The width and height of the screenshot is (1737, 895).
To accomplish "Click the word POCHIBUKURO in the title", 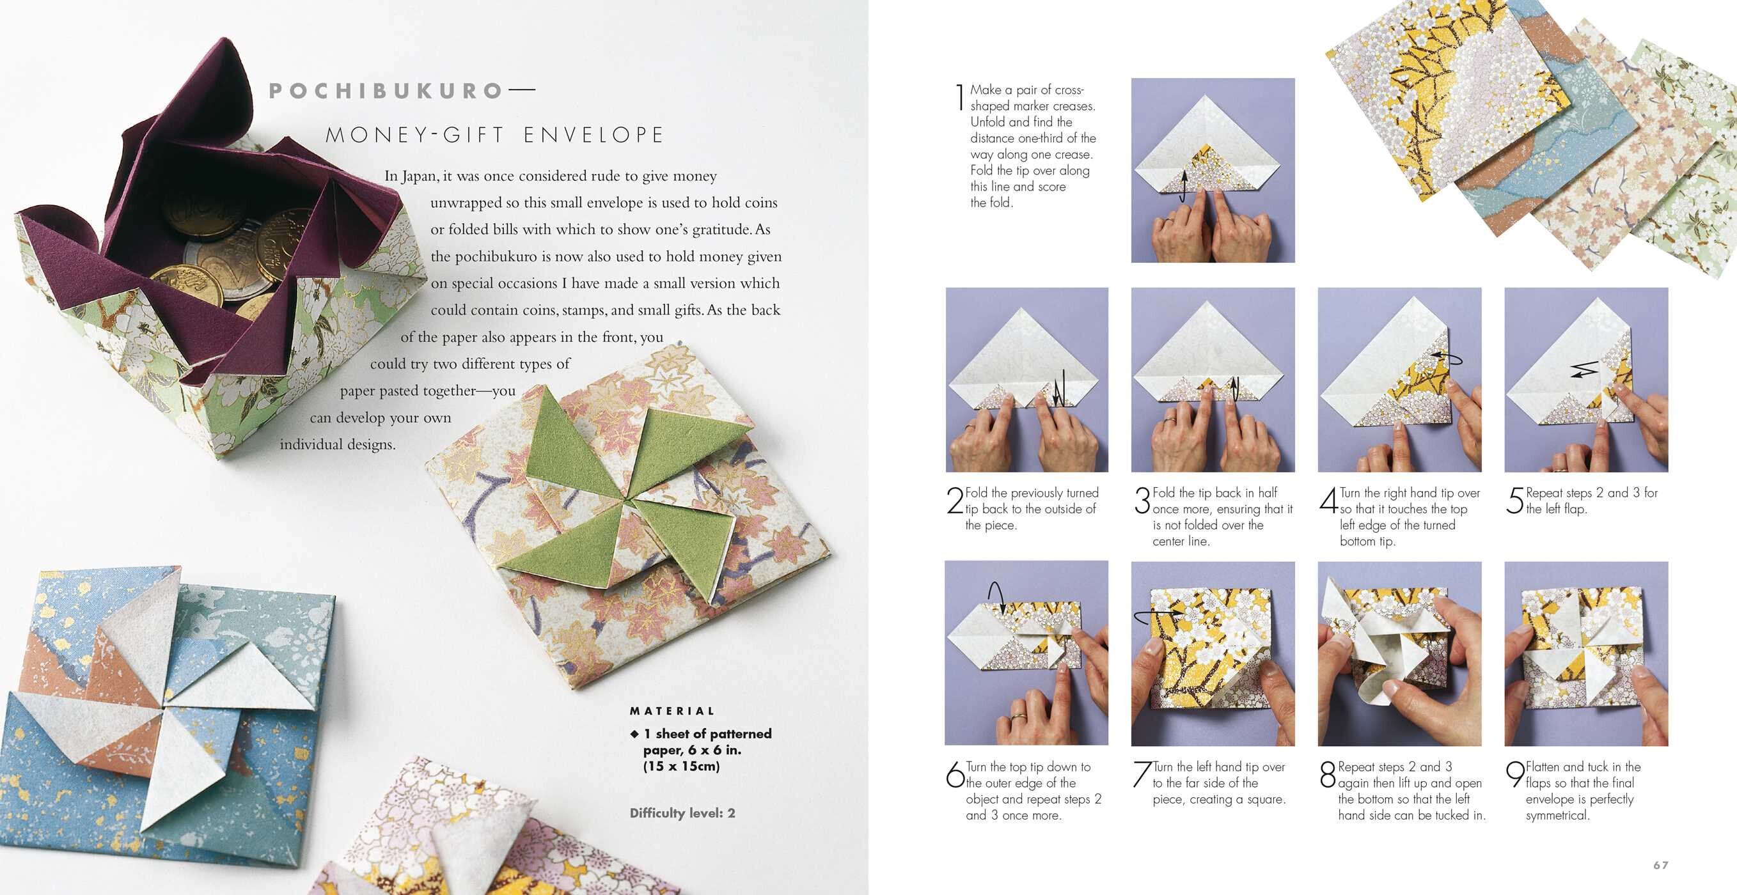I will [x=385, y=91].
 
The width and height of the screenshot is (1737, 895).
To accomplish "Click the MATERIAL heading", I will [x=672, y=711].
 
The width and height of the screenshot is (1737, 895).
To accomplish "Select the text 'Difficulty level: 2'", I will [x=682, y=813].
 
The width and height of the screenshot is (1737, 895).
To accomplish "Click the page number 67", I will [x=1661, y=866].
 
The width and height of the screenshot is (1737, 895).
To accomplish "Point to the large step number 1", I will [x=960, y=97].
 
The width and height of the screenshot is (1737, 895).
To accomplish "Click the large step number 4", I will [x=1328, y=501].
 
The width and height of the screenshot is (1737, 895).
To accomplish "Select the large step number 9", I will [x=1515, y=774].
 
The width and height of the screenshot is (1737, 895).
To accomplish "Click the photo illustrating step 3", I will [x=1213, y=380].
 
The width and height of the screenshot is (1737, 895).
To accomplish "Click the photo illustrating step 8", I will [x=1399, y=653].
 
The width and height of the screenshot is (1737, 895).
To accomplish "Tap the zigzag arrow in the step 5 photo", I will [x=1584, y=370].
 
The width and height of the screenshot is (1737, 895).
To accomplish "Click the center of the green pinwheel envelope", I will [x=627, y=502].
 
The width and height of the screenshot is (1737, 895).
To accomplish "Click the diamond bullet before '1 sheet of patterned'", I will [x=634, y=734].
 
